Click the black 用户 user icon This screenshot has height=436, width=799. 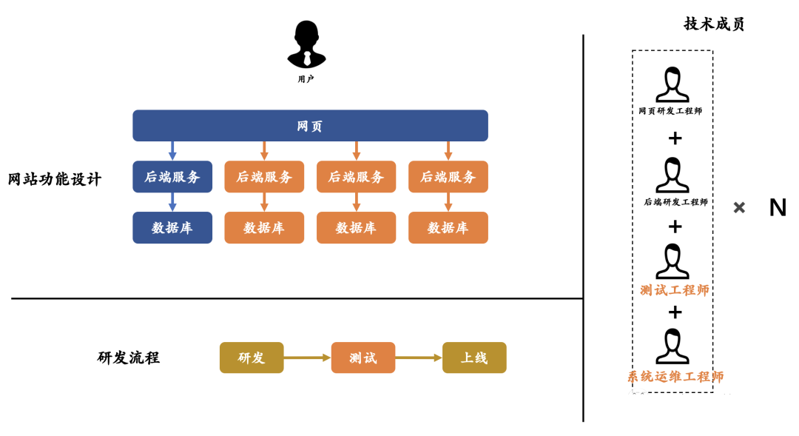[x=306, y=44]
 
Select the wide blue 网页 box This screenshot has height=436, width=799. [x=310, y=126]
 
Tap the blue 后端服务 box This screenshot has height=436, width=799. [x=172, y=177]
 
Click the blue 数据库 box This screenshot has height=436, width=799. [x=172, y=228]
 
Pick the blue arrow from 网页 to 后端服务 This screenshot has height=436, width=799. [x=172, y=150]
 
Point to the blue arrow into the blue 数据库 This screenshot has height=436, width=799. [x=172, y=202]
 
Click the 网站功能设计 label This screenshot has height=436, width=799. [x=55, y=179]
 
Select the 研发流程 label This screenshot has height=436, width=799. [x=129, y=358]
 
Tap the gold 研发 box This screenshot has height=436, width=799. [x=252, y=358]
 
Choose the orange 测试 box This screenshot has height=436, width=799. [x=363, y=358]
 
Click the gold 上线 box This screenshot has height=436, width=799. [x=474, y=358]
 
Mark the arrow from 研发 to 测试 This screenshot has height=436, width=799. [x=307, y=358]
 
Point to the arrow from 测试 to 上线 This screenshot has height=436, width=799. [x=419, y=358]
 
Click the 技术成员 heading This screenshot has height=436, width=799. [x=714, y=24]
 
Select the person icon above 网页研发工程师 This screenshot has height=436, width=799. [x=672, y=84]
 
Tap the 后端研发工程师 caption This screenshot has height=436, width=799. [x=675, y=201]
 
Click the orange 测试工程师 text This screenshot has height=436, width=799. [x=675, y=290]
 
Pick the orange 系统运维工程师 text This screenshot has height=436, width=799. [x=675, y=377]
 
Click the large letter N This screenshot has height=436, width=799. [x=778, y=208]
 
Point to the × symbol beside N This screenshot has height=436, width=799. [x=739, y=208]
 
